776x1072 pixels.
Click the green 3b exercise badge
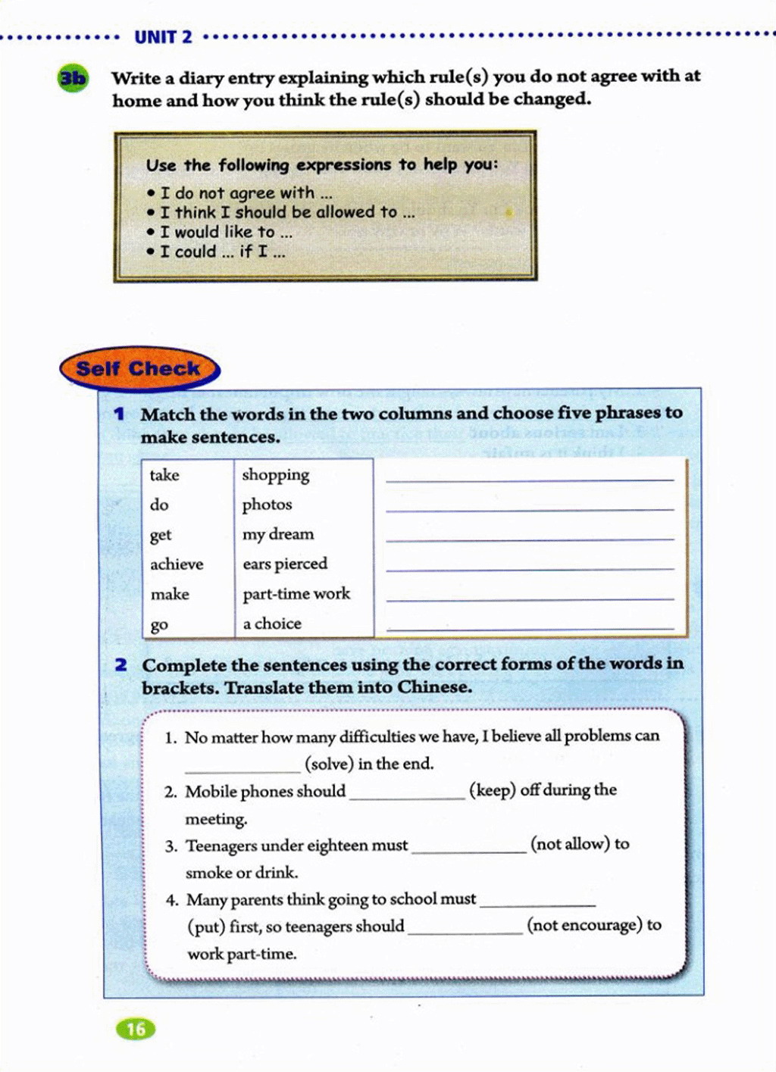click(73, 78)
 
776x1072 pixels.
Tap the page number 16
click(136, 1028)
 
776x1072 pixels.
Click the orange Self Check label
click(139, 369)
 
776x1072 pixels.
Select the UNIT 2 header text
click(163, 36)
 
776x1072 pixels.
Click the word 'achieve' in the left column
click(177, 564)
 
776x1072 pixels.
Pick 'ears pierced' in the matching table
click(285, 564)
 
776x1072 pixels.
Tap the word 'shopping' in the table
click(276, 475)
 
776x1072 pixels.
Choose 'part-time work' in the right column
click(296, 594)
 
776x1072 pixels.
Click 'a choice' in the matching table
click(272, 624)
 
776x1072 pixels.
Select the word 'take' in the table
click(164, 475)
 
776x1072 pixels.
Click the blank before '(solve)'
click(242, 765)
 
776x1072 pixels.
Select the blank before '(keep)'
click(407, 793)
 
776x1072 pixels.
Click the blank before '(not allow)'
click(468, 848)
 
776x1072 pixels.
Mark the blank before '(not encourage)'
click(465, 928)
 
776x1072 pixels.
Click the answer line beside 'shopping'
click(530, 475)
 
